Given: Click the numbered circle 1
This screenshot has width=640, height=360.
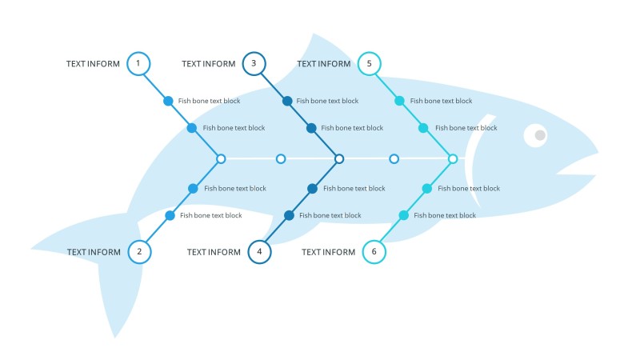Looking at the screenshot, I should (x=138, y=63).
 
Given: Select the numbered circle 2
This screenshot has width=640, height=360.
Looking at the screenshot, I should (x=139, y=252).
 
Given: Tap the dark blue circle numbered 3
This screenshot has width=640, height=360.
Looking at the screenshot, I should (x=254, y=63).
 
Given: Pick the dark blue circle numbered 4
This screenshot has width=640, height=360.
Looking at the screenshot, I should (x=259, y=252).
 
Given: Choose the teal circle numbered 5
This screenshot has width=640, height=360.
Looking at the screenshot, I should (x=369, y=63).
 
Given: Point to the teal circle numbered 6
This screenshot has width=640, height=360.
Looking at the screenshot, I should (x=374, y=252).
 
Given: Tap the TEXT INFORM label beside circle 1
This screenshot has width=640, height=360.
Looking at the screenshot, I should (x=93, y=64).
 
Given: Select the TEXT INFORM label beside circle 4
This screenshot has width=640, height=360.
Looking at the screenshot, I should (x=214, y=252).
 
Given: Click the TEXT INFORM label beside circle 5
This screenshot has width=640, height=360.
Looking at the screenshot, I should (x=323, y=64).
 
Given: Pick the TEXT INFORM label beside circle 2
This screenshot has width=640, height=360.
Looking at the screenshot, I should (x=94, y=252).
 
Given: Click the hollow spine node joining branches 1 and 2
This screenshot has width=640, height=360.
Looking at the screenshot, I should (x=221, y=159).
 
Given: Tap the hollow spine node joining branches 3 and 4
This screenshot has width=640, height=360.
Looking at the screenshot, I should (x=339, y=159).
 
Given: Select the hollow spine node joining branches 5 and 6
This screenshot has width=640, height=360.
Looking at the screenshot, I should (x=453, y=159).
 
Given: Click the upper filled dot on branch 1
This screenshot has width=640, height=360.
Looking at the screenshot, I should (x=168, y=101).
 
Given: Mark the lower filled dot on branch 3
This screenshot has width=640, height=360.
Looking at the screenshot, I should (x=312, y=128).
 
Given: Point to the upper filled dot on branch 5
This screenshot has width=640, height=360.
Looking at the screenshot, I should (x=400, y=101).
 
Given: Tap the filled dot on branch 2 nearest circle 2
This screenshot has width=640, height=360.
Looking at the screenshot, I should (x=170, y=215).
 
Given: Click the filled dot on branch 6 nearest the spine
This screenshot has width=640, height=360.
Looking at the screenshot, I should (x=427, y=189).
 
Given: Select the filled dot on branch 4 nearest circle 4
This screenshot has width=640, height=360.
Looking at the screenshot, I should (x=289, y=215).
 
